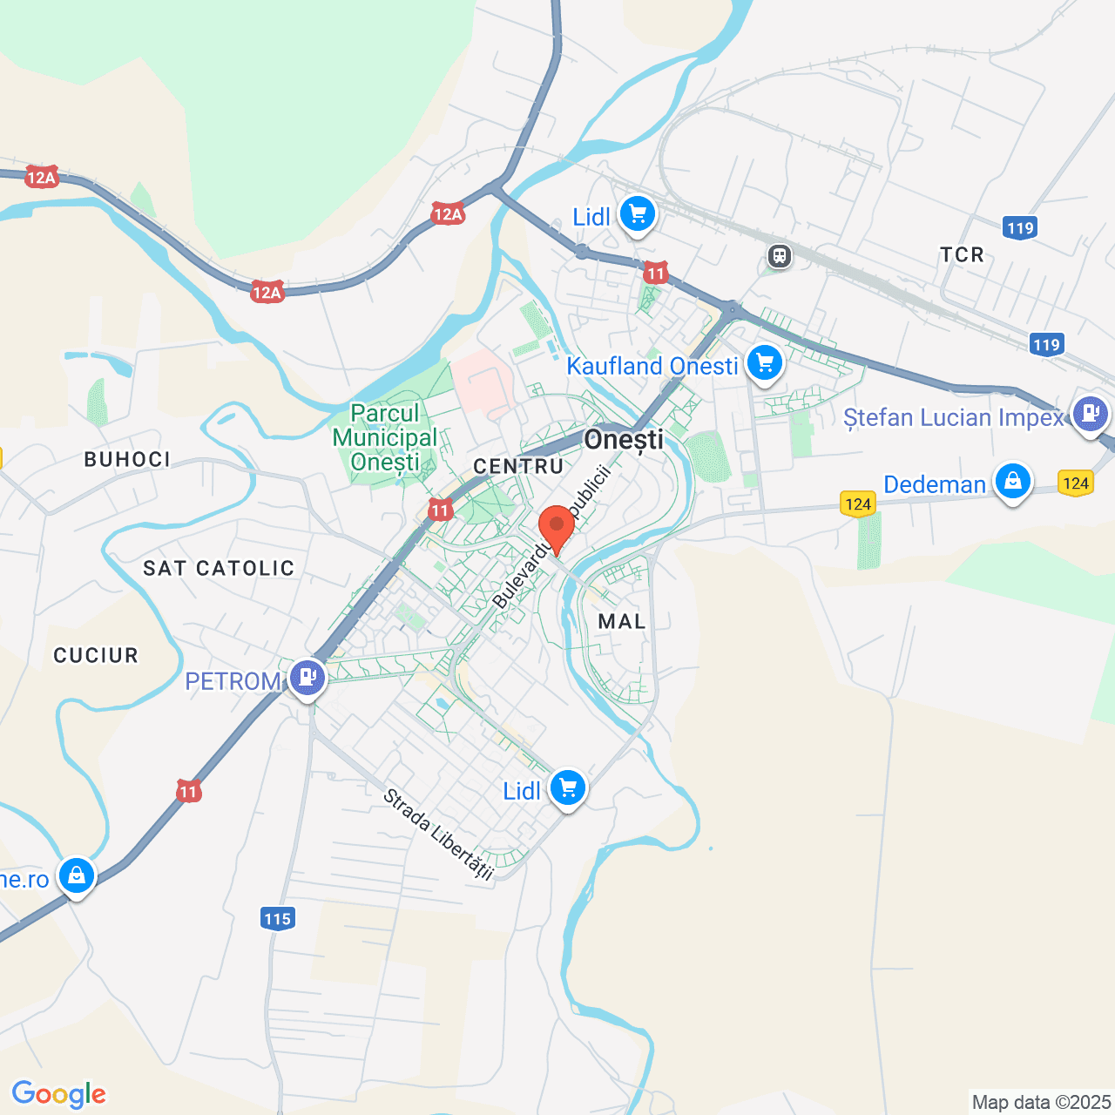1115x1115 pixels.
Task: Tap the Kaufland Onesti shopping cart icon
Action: (765, 362)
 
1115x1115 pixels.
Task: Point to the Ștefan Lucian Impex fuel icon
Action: (1090, 413)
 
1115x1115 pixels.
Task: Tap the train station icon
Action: (779, 256)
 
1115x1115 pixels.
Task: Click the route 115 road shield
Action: (277, 918)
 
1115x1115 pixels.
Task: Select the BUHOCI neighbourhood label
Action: (127, 459)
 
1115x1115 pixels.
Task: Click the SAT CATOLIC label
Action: (219, 569)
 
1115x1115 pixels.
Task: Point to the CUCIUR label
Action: (96, 655)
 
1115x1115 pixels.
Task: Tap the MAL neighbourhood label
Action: (622, 621)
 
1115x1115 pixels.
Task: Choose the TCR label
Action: (962, 254)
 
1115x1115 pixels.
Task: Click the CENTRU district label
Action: (518, 466)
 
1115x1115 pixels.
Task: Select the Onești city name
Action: (624, 440)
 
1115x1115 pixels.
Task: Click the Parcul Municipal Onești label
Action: (385, 437)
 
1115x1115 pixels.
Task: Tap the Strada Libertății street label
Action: (438, 835)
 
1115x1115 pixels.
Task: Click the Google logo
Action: (58, 1094)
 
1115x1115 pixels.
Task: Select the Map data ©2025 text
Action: (1041, 1102)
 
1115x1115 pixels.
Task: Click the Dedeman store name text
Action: (935, 484)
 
